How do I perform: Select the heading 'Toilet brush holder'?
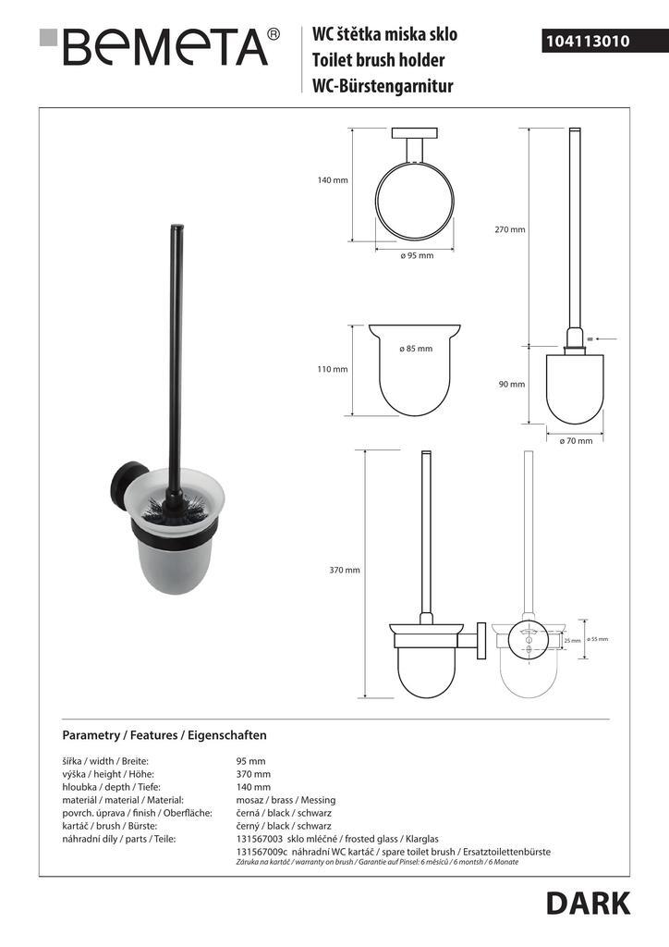point(379,61)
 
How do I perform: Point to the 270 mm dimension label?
point(510,229)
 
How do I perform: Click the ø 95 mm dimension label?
point(417,255)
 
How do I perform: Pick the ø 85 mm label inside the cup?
point(415,349)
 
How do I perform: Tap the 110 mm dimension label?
point(332,369)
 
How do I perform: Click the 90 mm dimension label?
point(510,384)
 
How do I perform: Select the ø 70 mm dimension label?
point(576,441)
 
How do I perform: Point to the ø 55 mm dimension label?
point(598,639)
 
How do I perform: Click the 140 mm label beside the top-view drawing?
point(332,180)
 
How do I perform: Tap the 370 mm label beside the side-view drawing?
point(345,570)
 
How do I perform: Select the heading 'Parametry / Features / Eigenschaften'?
point(164,735)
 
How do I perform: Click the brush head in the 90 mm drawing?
point(574,384)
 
